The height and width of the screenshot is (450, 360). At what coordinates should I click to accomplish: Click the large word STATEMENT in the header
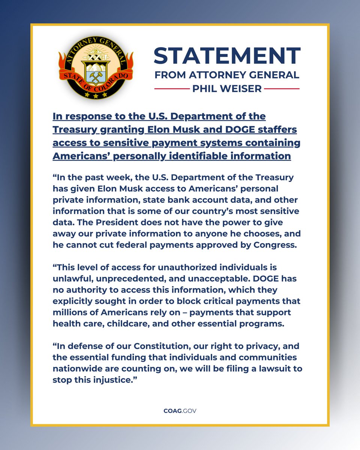[227, 55]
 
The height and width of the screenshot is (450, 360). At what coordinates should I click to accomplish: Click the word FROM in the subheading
[168, 75]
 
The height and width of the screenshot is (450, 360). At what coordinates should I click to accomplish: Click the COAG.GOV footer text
[180, 411]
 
